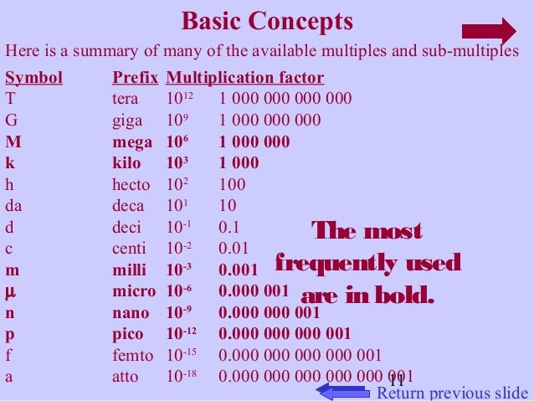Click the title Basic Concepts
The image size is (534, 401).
pyautogui.click(x=267, y=20)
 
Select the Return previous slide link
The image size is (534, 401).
pyautogui.click(x=452, y=393)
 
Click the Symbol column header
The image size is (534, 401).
pyautogui.click(x=33, y=79)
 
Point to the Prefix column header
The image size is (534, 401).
pyautogui.click(x=136, y=79)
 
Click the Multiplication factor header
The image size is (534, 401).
pyautogui.click(x=245, y=79)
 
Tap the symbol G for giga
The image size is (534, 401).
pyautogui.click(x=11, y=120)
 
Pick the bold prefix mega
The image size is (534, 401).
pyautogui.click(x=132, y=141)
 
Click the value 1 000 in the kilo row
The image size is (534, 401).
pyautogui.click(x=239, y=162)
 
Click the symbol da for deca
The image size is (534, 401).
pyautogui.click(x=13, y=205)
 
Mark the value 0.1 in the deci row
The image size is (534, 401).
pyautogui.click(x=229, y=227)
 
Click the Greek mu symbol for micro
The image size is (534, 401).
pyautogui.click(x=10, y=291)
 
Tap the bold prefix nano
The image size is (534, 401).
pyautogui.click(x=131, y=313)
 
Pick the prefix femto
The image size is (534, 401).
pyautogui.click(x=132, y=356)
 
